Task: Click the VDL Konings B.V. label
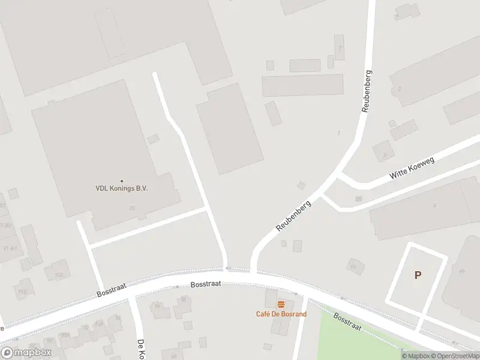[122, 188]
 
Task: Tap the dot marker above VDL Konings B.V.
[122, 181]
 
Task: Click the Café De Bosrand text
[281, 314]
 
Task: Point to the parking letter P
[418, 275]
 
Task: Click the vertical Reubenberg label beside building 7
[367, 91]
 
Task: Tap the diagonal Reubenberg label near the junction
[294, 216]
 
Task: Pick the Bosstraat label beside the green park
[347, 322]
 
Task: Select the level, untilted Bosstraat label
[206, 284]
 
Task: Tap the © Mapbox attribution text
[415, 356]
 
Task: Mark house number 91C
[59, 275]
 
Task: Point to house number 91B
[22, 291]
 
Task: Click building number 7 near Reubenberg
[340, 47]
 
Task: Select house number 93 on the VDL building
[132, 208]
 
